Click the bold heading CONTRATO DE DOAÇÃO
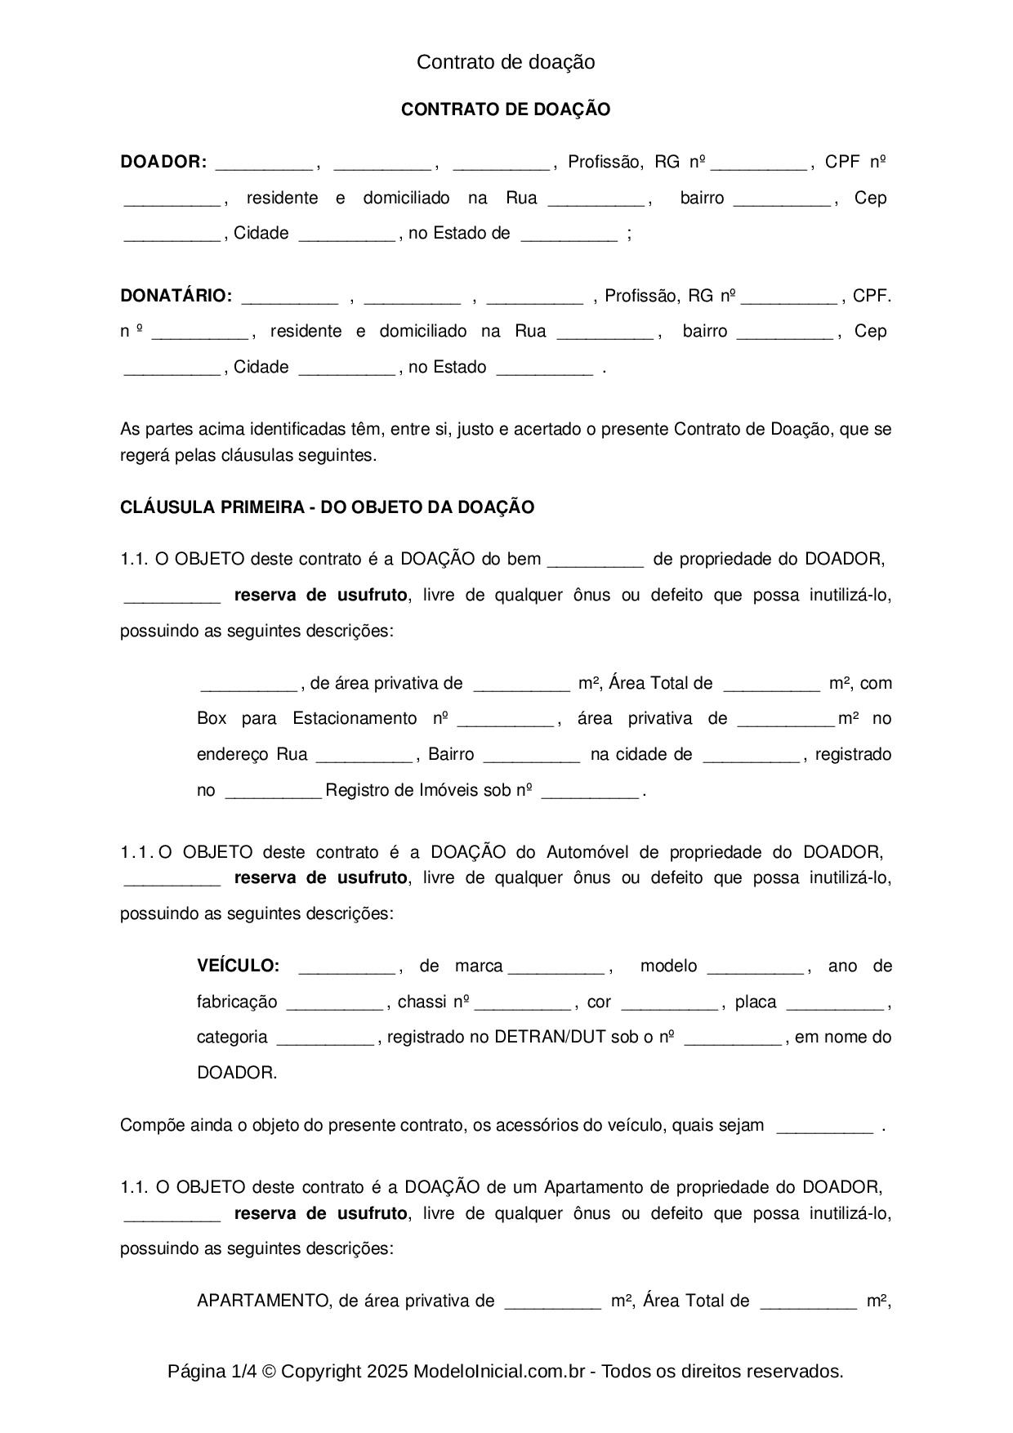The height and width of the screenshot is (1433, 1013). pyautogui.click(x=506, y=109)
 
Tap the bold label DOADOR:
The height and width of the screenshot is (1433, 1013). pyautogui.click(x=163, y=162)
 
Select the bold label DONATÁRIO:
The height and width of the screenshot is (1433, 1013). pyautogui.click(x=176, y=296)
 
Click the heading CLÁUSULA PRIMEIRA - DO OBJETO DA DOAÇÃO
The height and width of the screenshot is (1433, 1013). pyautogui.click(x=327, y=507)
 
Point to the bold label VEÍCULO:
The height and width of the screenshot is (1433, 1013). pyautogui.click(x=238, y=966)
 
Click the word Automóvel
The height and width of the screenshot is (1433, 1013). pyautogui.click(x=587, y=852)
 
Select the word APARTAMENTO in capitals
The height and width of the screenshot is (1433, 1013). pyautogui.click(x=261, y=1301)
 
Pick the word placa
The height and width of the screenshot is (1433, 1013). pyautogui.click(x=756, y=1002)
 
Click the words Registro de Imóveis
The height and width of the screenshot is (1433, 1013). pyautogui.click(x=417, y=790)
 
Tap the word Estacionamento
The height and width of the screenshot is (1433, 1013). pyautogui.click(x=355, y=718)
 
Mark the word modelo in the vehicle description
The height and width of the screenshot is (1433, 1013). pyautogui.click(x=668, y=966)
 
